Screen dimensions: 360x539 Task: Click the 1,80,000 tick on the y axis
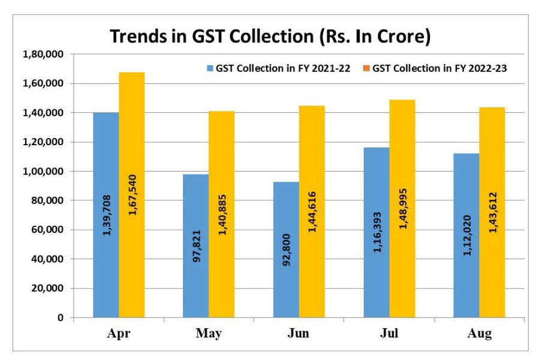[x=44, y=55]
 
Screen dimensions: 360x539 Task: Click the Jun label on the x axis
[x=298, y=334]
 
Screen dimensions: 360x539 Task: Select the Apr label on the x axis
[x=118, y=334]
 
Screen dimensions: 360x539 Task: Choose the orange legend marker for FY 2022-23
[x=366, y=68]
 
